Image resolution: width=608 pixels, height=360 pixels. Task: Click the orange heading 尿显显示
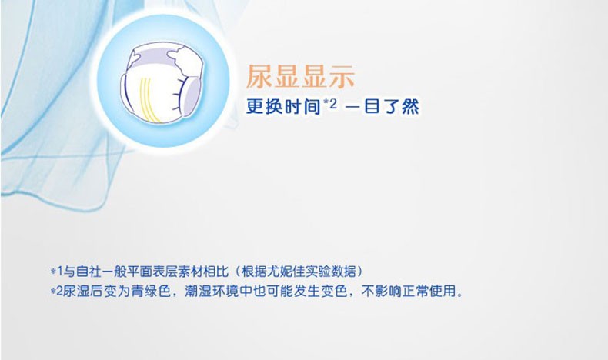(300, 76)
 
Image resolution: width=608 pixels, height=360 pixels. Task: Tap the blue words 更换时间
(283, 107)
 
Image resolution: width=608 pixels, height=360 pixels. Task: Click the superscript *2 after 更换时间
(330, 104)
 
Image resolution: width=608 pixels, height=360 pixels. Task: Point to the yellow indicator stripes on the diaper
(149, 100)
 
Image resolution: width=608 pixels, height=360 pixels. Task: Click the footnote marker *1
(57, 272)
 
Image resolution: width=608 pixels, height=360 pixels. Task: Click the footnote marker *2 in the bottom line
(57, 291)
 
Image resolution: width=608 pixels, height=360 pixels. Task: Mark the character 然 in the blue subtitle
(410, 107)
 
